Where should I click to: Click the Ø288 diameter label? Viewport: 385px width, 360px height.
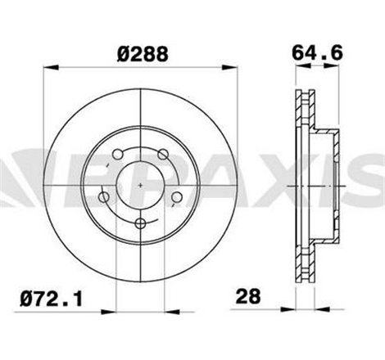pos(143,53)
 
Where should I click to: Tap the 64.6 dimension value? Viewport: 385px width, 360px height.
pos(311,53)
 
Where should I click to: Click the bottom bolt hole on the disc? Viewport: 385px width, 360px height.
pos(142,223)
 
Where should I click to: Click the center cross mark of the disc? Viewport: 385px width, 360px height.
pos(142,186)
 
